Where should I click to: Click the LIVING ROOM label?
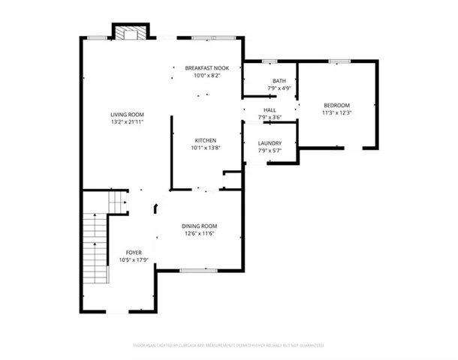click(x=126, y=113)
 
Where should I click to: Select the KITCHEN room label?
click(x=206, y=140)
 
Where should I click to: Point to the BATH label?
click(x=279, y=81)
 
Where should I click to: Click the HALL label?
click(x=269, y=109)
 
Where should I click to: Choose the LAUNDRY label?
click(x=269, y=143)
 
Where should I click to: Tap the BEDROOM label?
click(x=336, y=105)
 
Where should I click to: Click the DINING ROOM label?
click(x=199, y=226)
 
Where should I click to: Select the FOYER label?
click(x=134, y=253)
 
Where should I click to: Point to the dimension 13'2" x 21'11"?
click(x=126, y=121)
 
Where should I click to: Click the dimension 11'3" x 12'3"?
click(x=336, y=112)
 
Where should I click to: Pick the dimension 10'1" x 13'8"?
click(x=206, y=148)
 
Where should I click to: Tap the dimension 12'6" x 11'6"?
click(x=199, y=233)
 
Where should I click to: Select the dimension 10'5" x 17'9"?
click(x=134, y=260)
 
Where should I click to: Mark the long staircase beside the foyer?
click(x=95, y=255)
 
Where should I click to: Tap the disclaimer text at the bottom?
click(x=229, y=346)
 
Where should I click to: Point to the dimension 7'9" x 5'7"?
click(x=269, y=151)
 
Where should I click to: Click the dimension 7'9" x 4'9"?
click(x=279, y=88)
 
